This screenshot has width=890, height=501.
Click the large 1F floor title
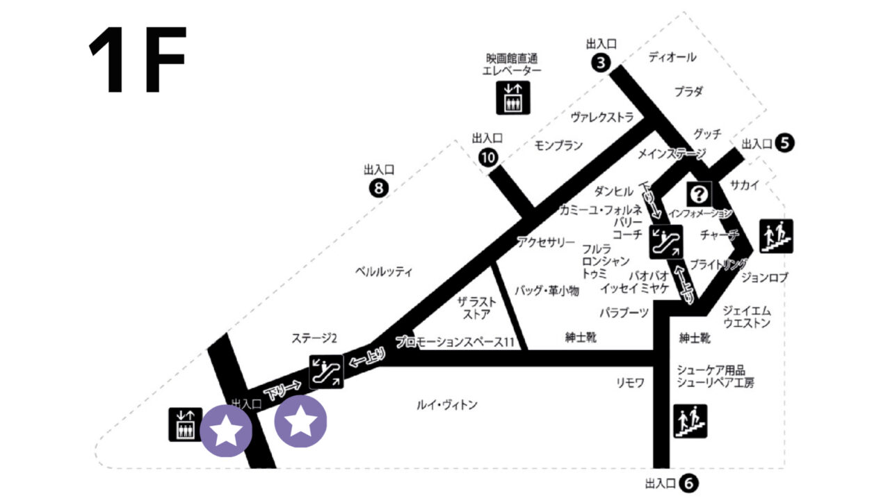coord(137,61)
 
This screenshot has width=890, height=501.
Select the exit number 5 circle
coord(785,143)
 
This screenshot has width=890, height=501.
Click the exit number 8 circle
coord(378,188)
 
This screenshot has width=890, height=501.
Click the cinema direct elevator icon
coord(513,97)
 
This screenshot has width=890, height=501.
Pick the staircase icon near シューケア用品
coord(690,421)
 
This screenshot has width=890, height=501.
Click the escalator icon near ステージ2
coord(326,371)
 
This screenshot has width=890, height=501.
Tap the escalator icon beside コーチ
coord(665,240)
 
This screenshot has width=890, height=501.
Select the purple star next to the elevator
coord(225,432)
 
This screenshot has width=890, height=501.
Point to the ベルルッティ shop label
coord(383,271)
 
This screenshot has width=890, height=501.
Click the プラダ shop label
coord(688,91)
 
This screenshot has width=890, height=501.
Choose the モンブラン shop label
coord(558,145)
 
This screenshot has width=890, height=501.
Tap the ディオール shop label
coord(672,57)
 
